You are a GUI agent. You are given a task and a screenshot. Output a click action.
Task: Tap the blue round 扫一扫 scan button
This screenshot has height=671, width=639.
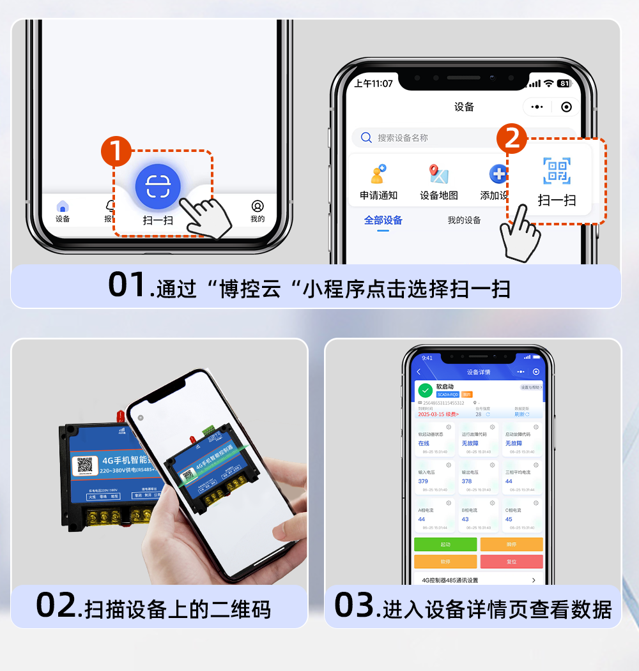click(158, 186)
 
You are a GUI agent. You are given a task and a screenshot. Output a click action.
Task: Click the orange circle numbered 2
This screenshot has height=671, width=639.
click(511, 139)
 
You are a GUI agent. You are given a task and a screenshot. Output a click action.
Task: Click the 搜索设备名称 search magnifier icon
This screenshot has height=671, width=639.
click(366, 137)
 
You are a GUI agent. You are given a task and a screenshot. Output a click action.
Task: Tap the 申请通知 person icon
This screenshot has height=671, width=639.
click(378, 174)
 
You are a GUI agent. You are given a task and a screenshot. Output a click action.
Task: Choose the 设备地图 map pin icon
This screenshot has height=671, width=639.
click(438, 174)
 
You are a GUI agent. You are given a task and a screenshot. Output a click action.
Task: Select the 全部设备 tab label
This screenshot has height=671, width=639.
click(383, 220)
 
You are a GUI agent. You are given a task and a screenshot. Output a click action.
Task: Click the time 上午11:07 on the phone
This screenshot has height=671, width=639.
click(373, 84)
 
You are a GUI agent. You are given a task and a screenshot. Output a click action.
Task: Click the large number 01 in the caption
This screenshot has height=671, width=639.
click(128, 285)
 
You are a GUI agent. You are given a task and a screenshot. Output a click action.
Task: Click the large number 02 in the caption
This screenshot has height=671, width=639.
click(56, 605)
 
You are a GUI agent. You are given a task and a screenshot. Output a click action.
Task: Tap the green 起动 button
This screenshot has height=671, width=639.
click(445, 545)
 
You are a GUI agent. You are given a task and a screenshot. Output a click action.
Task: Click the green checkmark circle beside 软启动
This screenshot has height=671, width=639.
click(425, 390)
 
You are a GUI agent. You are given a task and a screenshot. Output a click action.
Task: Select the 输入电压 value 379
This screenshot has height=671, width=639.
click(423, 481)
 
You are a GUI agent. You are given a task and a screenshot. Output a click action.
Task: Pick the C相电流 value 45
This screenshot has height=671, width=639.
click(509, 519)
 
